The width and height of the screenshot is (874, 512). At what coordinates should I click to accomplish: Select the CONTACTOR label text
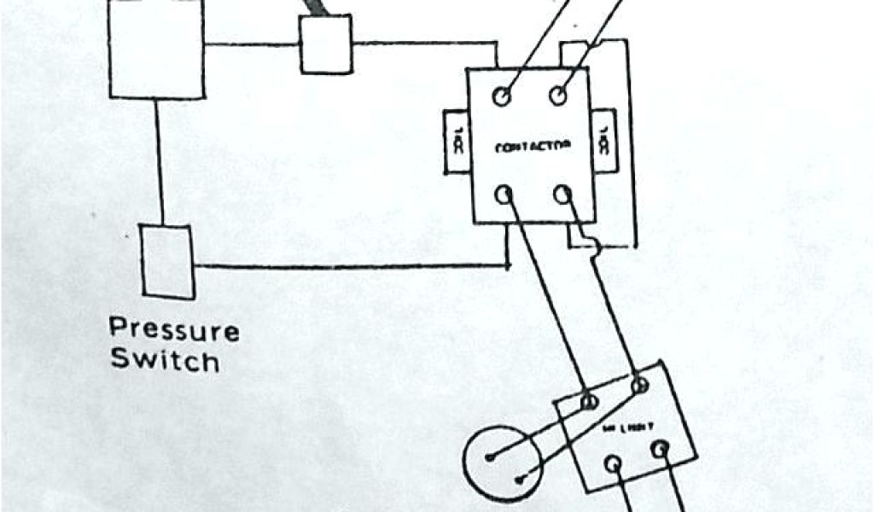click(532, 147)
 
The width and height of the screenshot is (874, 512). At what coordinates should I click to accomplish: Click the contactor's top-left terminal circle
click(503, 96)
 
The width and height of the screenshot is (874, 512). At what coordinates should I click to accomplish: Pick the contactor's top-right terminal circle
click(560, 96)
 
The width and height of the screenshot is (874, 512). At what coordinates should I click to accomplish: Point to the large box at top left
click(157, 47)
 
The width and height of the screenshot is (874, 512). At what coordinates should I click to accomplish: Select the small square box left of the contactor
click(325, 44)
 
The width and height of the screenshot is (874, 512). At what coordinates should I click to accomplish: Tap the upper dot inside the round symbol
click(490, 457)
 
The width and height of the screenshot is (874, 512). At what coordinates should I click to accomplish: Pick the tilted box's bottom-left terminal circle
click(613, 463)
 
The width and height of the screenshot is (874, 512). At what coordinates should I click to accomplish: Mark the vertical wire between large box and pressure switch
click(159, 161)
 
